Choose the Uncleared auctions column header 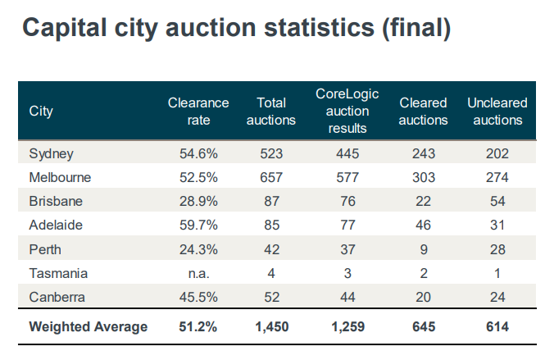tap(496, 112)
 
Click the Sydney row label tap(52, 153)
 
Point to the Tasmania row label tap(58, 273)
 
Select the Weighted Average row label tap(89, 326)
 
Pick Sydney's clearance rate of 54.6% tap(198, 153)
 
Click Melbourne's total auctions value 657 tap(271, 177)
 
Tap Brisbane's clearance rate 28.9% tap(198, 201)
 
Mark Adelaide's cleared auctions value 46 tap(424, 225)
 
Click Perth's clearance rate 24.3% tap(198, 249)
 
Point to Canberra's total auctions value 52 tap(271, 297)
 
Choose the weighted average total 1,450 tap(271, 326)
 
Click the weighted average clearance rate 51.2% tap(198, 326)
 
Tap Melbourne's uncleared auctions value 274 tap(496, 177)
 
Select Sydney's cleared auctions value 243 tap(424, 153)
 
